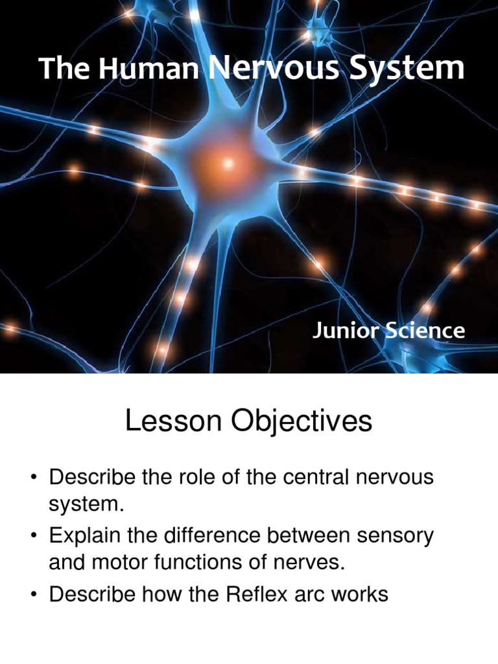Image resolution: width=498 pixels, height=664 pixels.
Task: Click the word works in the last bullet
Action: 359,595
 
